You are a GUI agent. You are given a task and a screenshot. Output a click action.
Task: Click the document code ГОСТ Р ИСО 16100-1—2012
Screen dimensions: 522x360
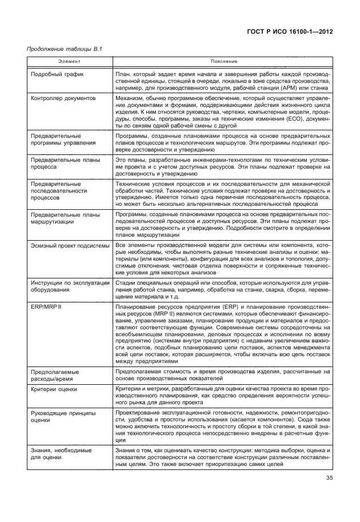click(289, 32)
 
